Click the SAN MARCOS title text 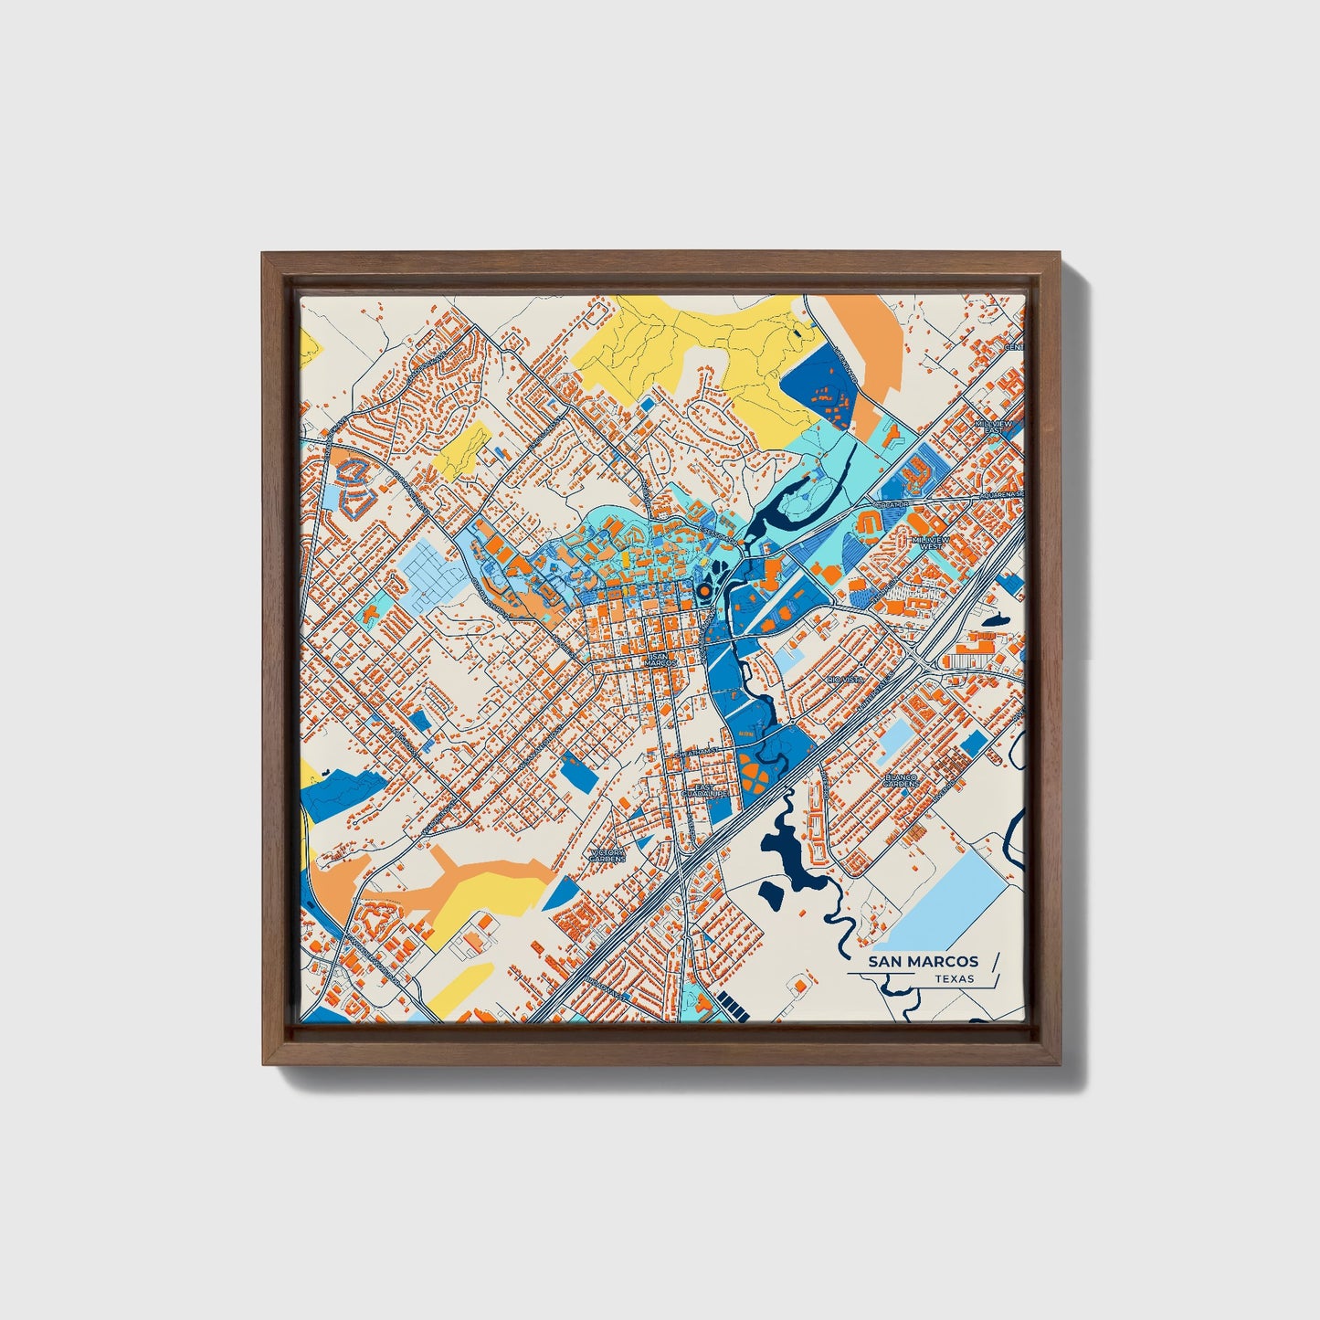[924, 961]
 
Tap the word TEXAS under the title [954, 979]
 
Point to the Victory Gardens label [607, 855]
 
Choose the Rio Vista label [844, 681]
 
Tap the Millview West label [932, 543]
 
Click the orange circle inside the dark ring [702, 593]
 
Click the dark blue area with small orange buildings [820, 387]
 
